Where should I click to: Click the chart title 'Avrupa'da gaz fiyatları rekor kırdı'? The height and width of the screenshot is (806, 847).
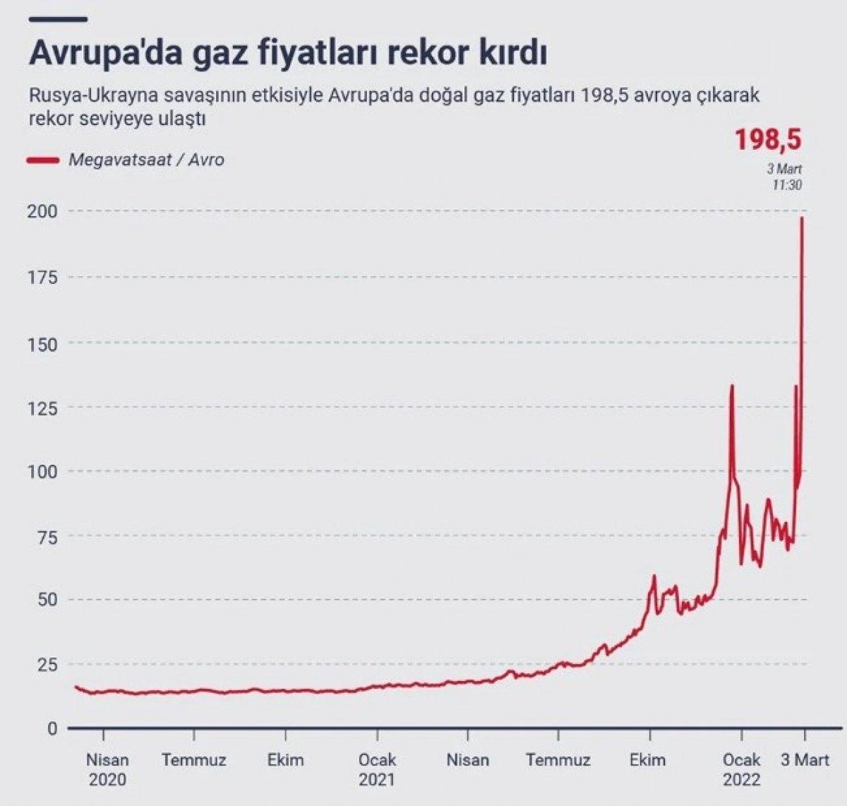[288, 54]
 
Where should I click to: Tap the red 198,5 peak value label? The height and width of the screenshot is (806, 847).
[768, 139]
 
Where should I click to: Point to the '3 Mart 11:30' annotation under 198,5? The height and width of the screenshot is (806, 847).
[784, 177]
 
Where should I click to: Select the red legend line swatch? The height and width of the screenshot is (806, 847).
[42, 160]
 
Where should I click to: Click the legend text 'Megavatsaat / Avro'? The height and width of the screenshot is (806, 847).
[146, 160]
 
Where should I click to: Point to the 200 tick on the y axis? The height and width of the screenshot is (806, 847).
[42, 211]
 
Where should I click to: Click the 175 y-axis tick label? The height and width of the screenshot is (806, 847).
[42, 277]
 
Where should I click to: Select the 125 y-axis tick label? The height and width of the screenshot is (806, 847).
[42, 407]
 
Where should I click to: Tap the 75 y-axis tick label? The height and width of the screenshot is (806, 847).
[45, 536]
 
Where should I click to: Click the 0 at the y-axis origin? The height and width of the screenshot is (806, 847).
[52, 728]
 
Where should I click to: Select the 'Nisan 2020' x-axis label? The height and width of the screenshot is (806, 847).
[107, 769]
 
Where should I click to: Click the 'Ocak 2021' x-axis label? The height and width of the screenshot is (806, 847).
[377, 769]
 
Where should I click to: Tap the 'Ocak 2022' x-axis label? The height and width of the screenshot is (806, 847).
[741, 769]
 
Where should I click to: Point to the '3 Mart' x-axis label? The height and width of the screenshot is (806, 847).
[804, 760]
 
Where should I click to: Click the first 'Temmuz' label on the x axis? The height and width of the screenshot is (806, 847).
[193, 760]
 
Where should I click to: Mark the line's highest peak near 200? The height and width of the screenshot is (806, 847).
[802, 218]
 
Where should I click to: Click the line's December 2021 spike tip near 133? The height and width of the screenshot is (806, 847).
[732, 386]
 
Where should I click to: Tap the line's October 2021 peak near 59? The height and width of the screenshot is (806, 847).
[654, 576]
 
